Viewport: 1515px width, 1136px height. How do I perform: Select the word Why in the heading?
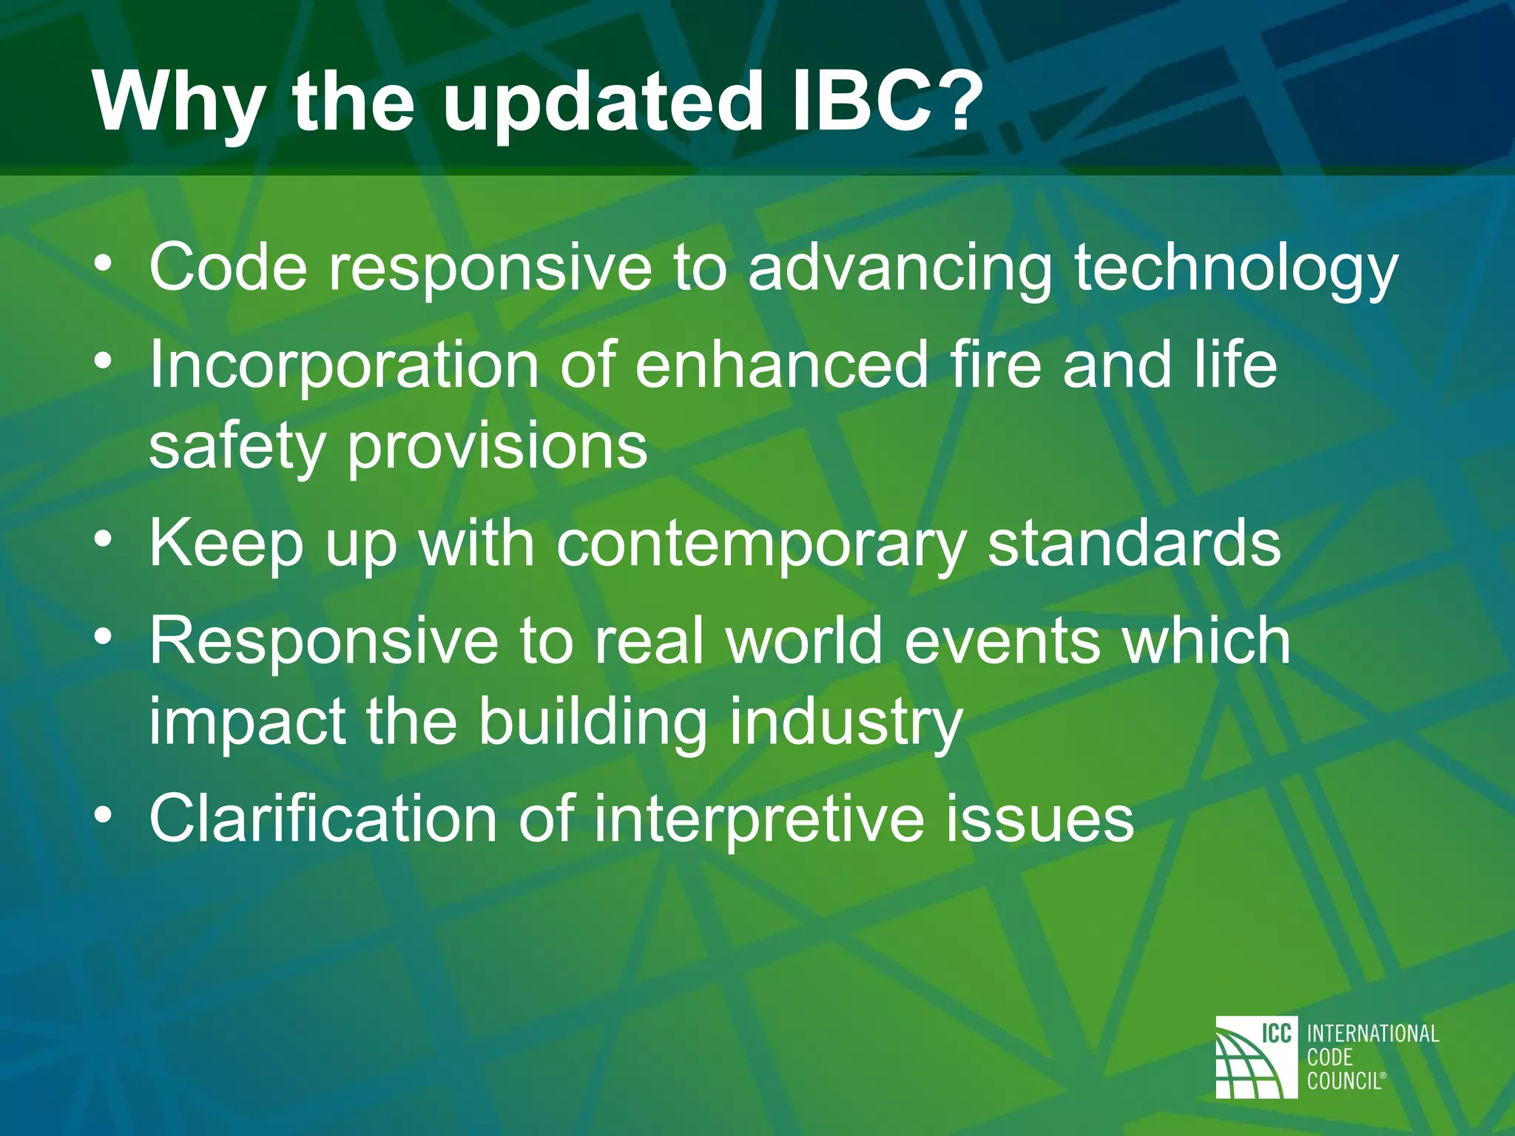click(178, 104)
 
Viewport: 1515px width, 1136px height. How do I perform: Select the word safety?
click(237, 447)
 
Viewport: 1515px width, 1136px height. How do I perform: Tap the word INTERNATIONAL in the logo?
click(1373, 1033)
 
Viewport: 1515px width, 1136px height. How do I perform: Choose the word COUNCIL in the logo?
click(1344, 1081)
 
